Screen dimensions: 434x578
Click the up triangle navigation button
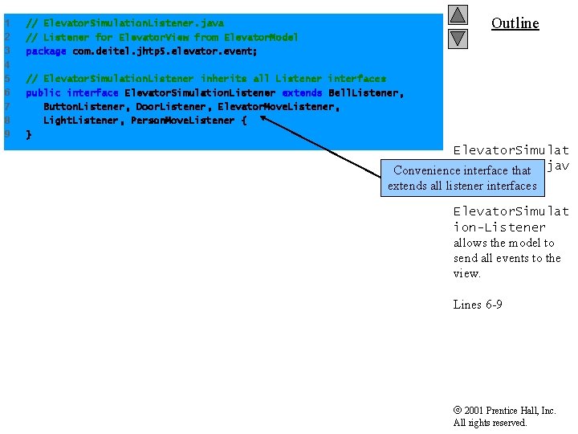[458, 14]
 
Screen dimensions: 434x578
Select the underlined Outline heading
[515, 23]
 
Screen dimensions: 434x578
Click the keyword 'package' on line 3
[46, 51]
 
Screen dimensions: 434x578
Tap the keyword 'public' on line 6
[43, 92]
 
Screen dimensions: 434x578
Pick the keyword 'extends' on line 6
[303, 92]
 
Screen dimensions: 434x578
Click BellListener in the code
[365, 92]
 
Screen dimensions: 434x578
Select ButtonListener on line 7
[84, 106]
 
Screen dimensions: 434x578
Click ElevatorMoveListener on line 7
[279, 106]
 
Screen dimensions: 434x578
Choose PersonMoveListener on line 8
[183, 120]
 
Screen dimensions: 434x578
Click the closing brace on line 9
[29, 134]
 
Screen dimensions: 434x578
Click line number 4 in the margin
[7, 64]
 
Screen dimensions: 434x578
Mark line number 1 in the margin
[7, 23]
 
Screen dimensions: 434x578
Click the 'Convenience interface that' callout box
[462, 178]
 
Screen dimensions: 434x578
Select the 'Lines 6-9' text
[478, 305]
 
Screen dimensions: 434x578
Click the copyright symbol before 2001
[457, 411]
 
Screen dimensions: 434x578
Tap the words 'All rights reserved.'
[490, 423]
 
